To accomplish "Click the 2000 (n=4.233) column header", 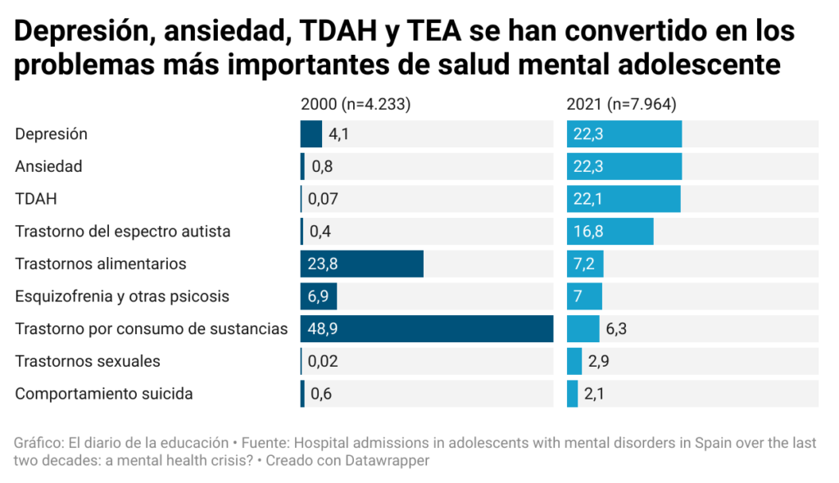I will tap(355, 104).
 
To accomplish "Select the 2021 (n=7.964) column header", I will tap(621, 104).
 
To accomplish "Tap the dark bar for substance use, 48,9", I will tap(426, 328).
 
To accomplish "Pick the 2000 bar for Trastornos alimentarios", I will tap(361, 264).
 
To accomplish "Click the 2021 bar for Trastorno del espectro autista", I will tap(610, 231).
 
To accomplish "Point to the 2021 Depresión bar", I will tap(624, 133).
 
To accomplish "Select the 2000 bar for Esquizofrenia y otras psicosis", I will tap(319, 296).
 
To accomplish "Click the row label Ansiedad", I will tap(48, 166).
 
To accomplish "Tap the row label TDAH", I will tap(36, 199).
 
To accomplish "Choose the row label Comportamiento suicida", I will tap(104, 394).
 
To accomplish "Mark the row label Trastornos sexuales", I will tap(88, 361).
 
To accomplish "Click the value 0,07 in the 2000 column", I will tap(323, 199).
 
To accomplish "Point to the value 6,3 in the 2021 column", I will tap(617, 328).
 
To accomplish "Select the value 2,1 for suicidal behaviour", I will tap(595, 394).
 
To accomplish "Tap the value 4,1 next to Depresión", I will tap(338, 133).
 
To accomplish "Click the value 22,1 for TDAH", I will tap(588, 199).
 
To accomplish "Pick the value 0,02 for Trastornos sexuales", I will tap(323, 361).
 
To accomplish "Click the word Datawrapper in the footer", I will tap(389, 460).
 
